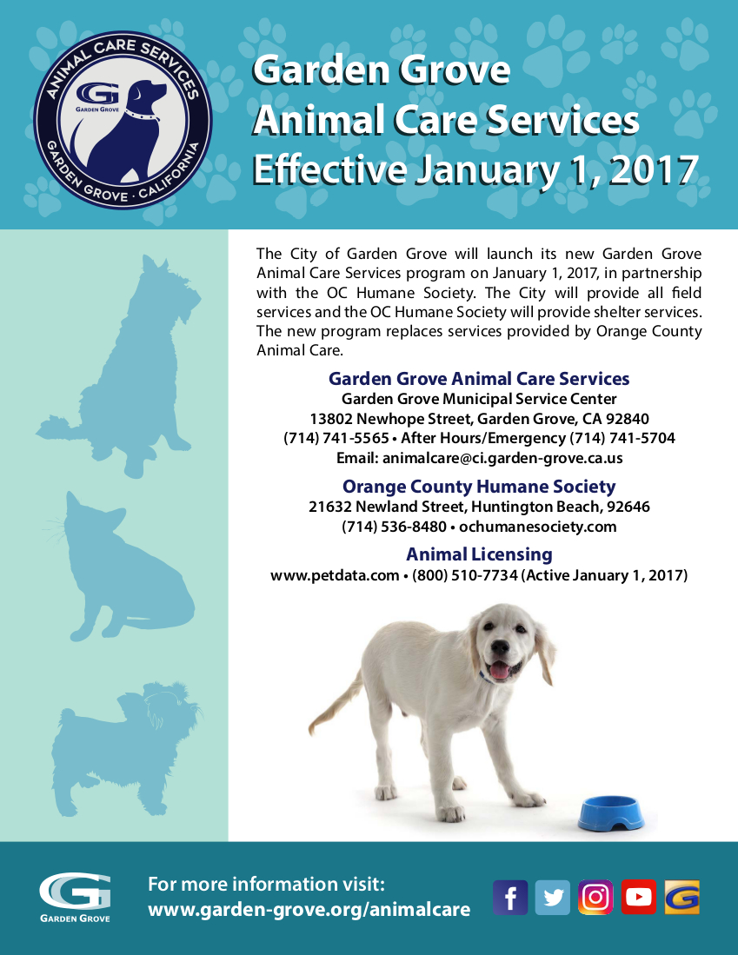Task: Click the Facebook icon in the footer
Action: click(510, 898)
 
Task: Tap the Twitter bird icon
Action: click(553, 898)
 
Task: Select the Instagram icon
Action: click(595, 898)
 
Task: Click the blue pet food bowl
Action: click(612, 812)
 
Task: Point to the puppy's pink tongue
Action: click(500, 669)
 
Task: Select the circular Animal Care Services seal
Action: click(123, 120)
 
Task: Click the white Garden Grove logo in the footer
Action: click(75, 898)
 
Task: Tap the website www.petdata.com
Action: click(335, 575)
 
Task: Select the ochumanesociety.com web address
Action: click(538, 527)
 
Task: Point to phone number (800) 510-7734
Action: click(464, 575)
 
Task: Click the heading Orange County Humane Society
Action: click(479, 487)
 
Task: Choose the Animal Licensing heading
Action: click(479, 554)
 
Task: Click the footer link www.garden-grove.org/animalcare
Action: click(309, 910)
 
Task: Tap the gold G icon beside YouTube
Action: click(682, 898)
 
